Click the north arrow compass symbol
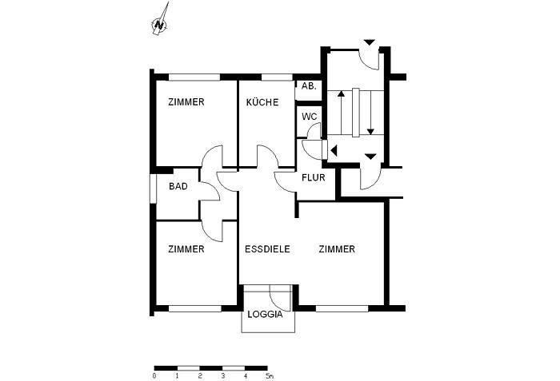pyautogui.click(x=161, y=22)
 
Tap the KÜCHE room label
pyautogui.click(x=262, y=102)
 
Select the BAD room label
pyautogui.click(x=178, y=187)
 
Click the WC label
pyautogui.click(x=310, y=117)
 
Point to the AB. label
pyautogui.click(x=309, y=86)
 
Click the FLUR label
pyautogui.click(x=313, y=177)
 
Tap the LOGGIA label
pyautogui.click(x=265, y=314)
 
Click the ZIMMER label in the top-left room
pyautogui.click(x=186, y=102)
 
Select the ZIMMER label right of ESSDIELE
pyautogui.click(x=336, y=249)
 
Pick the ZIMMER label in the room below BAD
pyautogui.click(x=186, y=249)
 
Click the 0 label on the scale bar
pyautogui.click(x=154, y=374)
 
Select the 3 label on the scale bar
pyautogui.click(x=222, y=374)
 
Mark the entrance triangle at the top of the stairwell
pyautogui.click(x=369, y=42)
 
